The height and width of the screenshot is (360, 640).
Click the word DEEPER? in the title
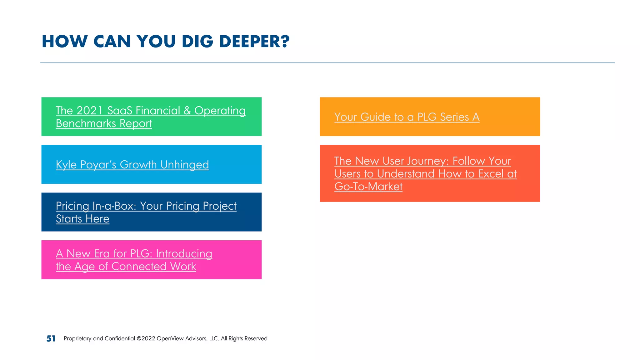point(254,42)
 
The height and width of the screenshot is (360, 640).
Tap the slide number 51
point(51,338)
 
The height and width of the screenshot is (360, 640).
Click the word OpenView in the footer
point(170,338)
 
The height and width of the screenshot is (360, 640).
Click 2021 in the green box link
point(89,111)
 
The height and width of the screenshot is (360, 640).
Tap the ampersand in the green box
point(187,111)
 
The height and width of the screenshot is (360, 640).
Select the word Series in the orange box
point(454,117)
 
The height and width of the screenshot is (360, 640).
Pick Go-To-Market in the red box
point(368,187)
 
